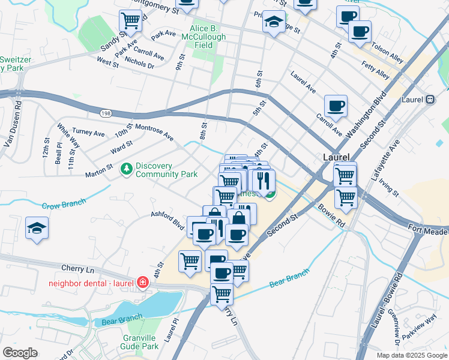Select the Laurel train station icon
coord(430,100)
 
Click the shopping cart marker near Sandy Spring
coord(130,21)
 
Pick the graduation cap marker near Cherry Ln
coord(37,229)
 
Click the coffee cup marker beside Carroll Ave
coord(336,107)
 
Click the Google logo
coord(20,353)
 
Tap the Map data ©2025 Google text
coord(411,355)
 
